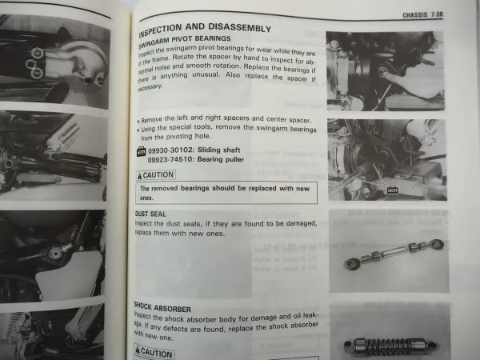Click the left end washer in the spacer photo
point(350,262)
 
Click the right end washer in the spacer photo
point(435,243)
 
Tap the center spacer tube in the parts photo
point(393,253)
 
